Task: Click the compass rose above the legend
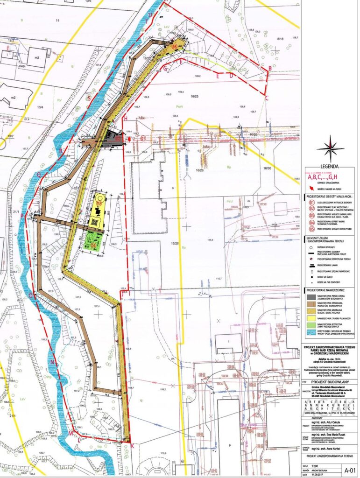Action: point(330,148)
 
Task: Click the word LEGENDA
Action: point(330,167)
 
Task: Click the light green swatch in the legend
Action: point(310,324)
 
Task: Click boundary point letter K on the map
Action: point(132,446)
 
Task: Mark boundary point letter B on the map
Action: point(269,69)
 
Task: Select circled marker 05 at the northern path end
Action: point(174,47)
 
